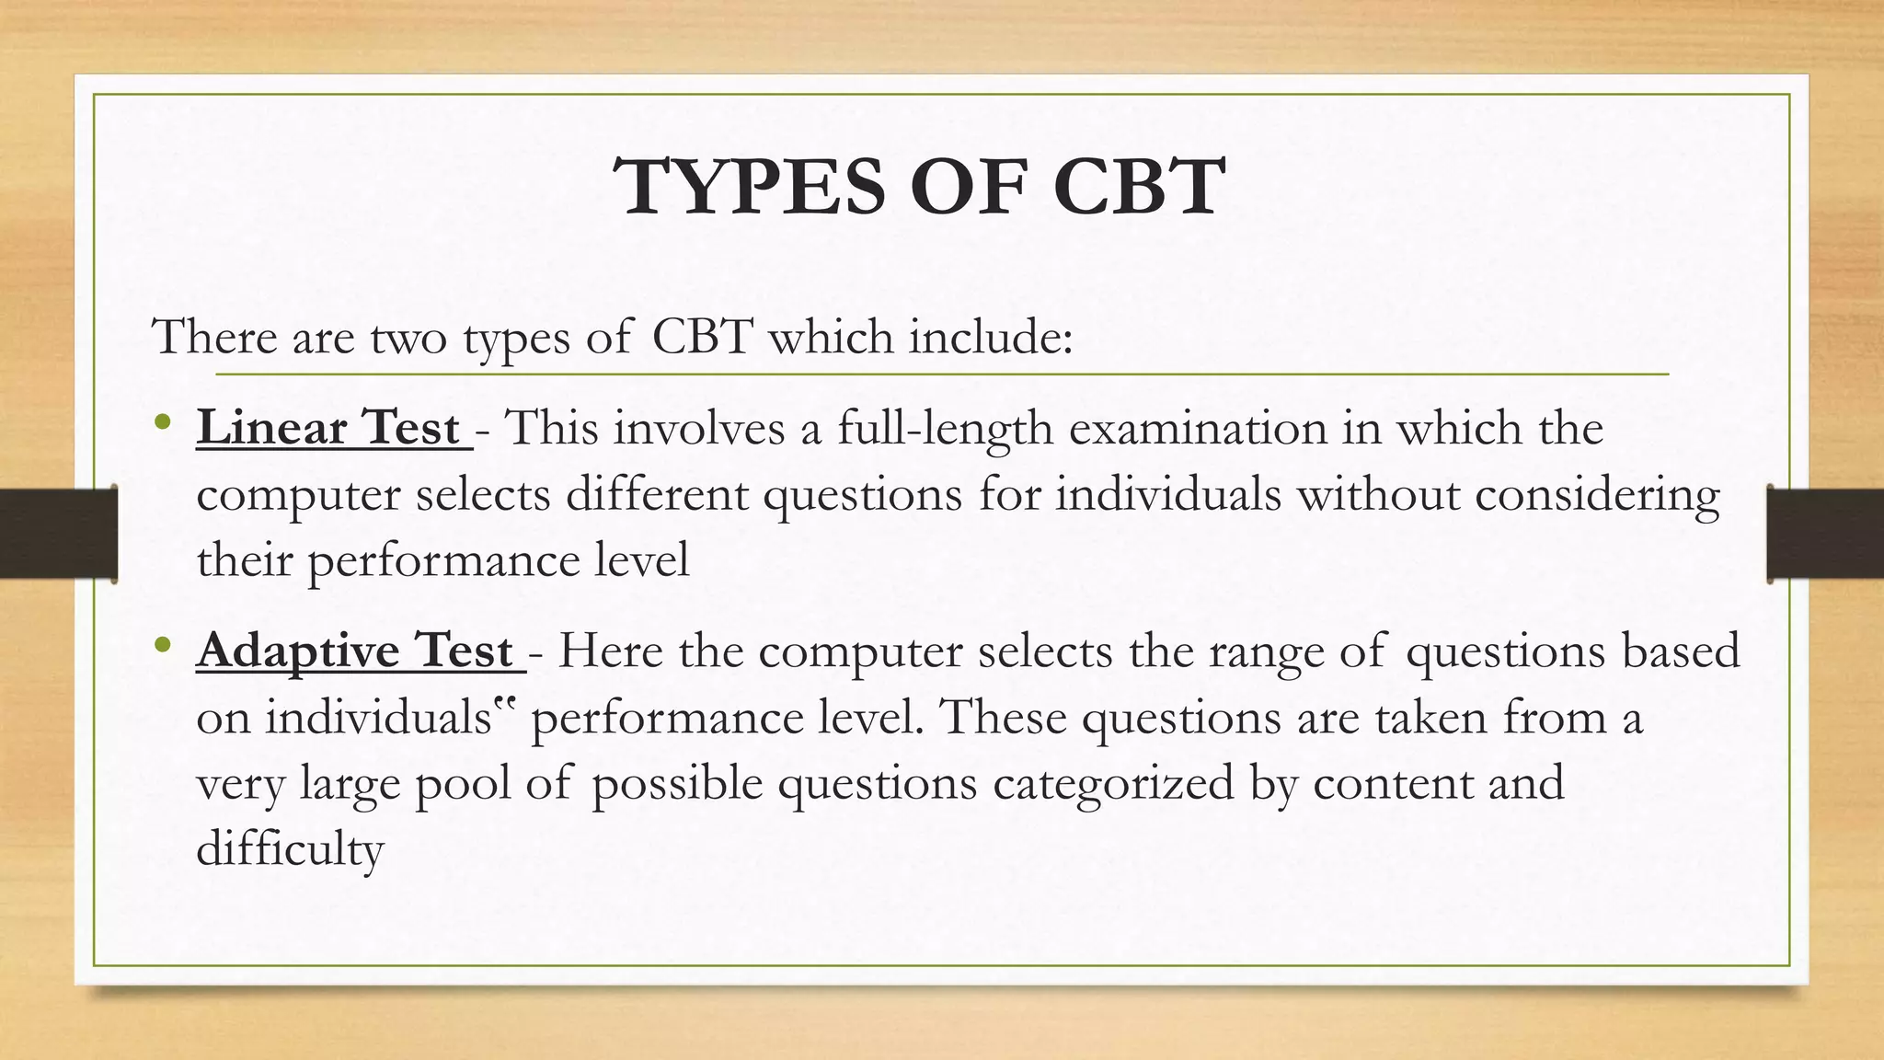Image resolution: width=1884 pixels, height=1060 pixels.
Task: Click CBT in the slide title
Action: pyautogui.click(x=1138, y=187)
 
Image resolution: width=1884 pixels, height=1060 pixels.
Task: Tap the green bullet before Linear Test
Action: pyautogui.click(x=164, y=423)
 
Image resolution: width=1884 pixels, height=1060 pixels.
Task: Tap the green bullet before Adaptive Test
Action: pyautogui.click(x=164, y=645)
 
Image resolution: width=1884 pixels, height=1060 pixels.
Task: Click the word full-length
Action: pyautogui.click(x=944, y=430)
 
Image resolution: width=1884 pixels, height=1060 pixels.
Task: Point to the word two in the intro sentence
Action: pyautogui.click(x=408, y=337)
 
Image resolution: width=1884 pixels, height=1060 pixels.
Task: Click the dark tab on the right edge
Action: pyautogui.click(x=1825, y=534)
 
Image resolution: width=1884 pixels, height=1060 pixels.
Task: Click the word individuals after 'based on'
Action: pyautogui.click(x=378, y=718)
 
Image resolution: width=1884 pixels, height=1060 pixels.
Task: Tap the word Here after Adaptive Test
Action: pyautogui.click(x=610, y=651)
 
